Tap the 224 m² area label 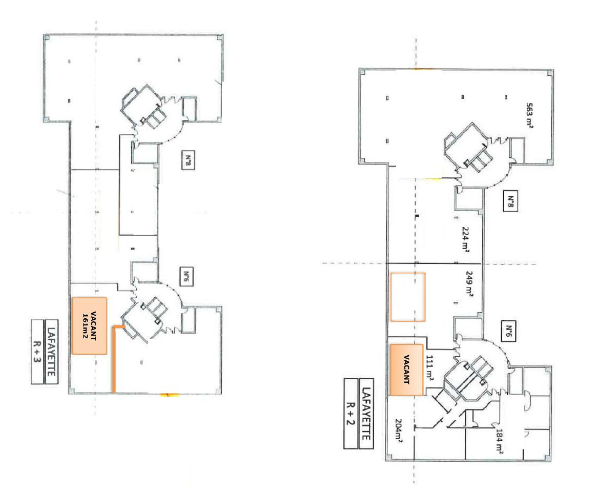click(x=466, y=239)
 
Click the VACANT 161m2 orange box click(x=89, y=325)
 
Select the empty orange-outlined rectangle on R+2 click(x=407, y=297)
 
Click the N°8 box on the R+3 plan click(x=187, y=163)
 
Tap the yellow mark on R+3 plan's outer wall click(x=169, y=394)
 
